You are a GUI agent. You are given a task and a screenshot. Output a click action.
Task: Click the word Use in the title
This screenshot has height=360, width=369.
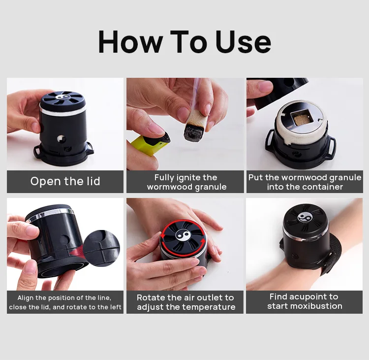[244, 42]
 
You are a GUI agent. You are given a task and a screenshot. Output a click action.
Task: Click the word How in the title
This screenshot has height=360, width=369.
[131, 42]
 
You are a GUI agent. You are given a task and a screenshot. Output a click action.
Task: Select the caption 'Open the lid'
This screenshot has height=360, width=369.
[65, 181]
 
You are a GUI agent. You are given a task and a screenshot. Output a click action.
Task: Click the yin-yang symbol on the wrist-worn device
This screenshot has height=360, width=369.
[304, 217]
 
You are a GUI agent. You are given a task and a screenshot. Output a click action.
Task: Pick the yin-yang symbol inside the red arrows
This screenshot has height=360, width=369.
[183, 236]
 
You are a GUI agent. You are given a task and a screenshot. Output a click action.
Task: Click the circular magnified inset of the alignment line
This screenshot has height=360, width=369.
[101, 248]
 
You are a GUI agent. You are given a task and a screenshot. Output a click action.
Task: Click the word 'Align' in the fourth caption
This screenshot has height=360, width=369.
[26, 298]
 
